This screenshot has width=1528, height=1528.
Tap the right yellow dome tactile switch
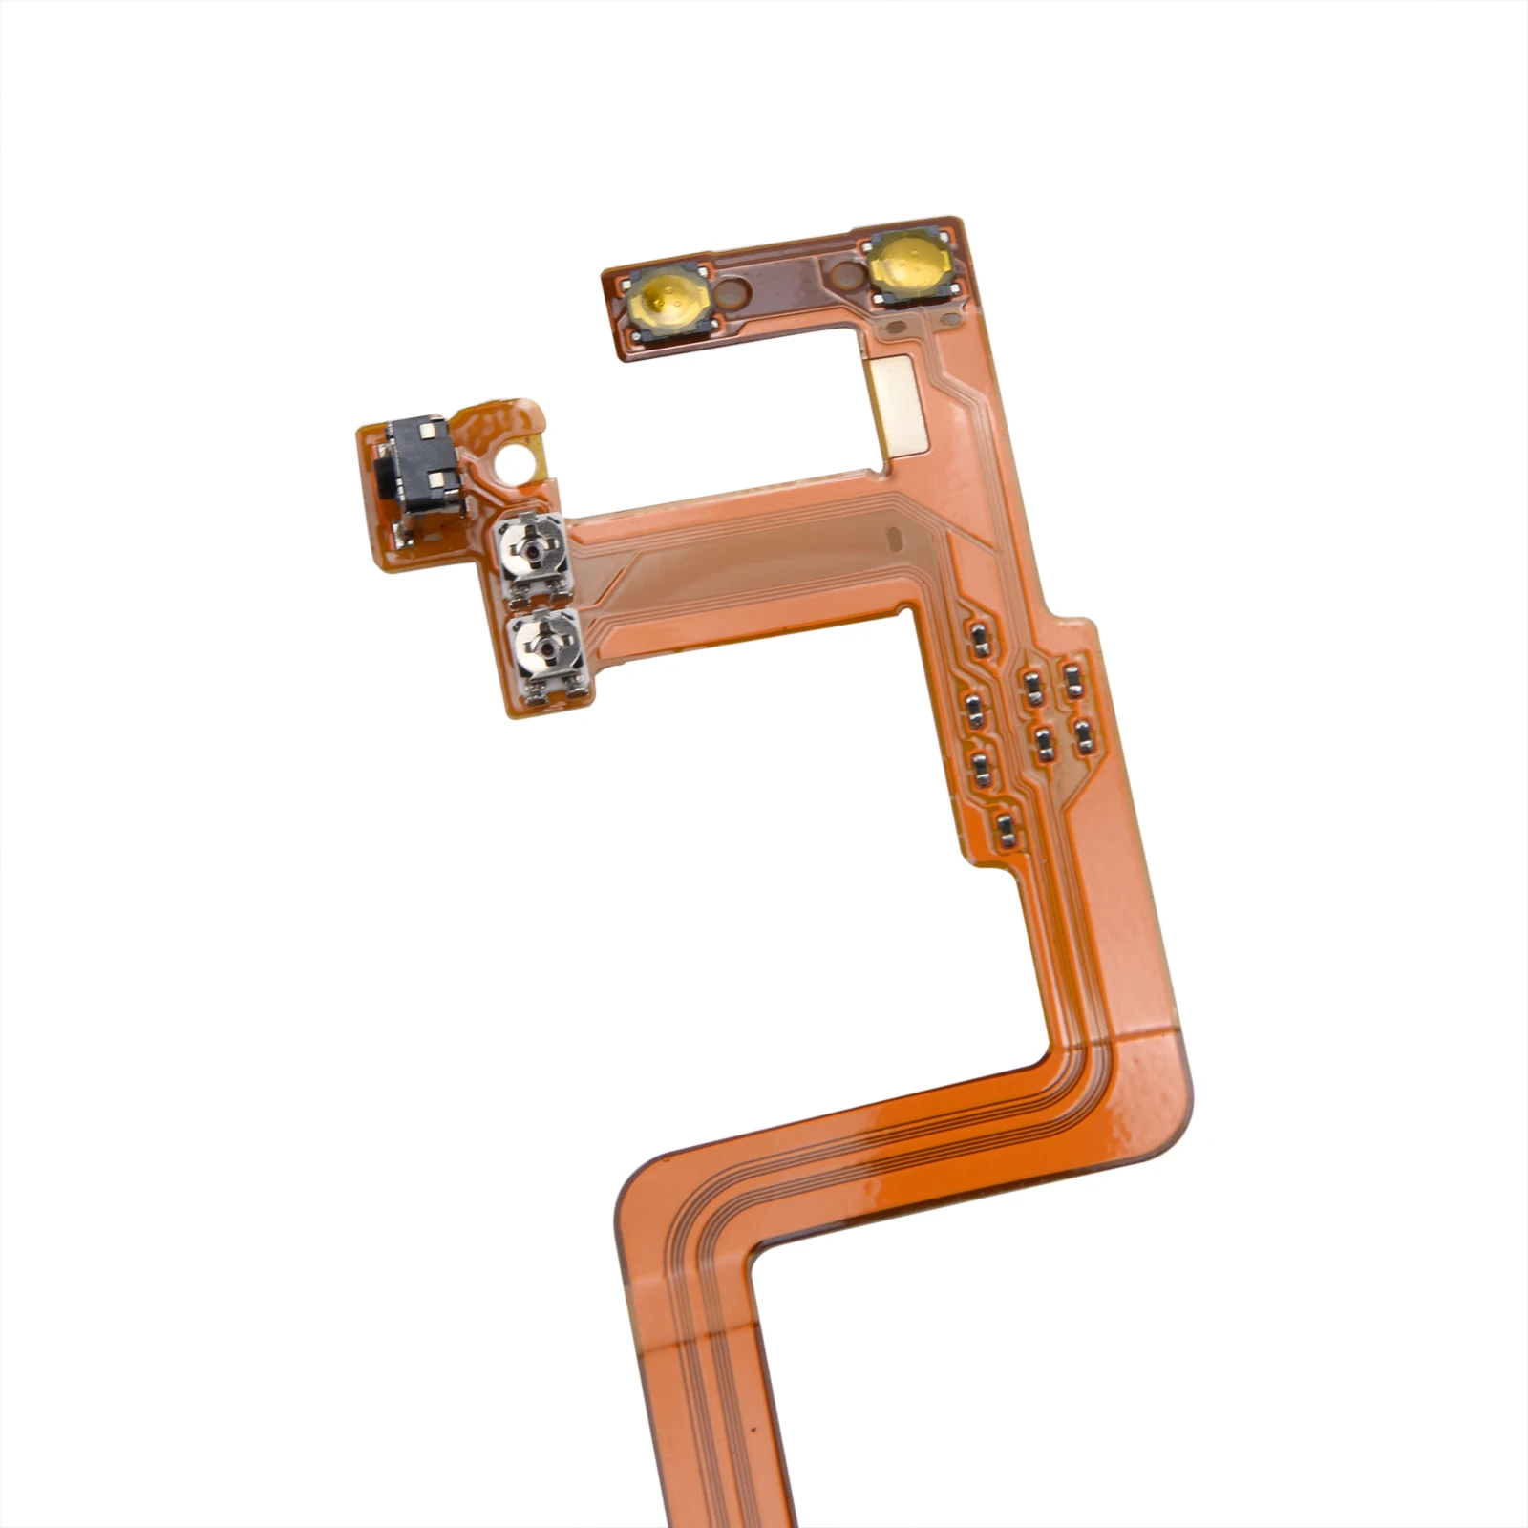pos(908,265)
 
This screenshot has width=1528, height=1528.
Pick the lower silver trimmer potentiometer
pos(543,653)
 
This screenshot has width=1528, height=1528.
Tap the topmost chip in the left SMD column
pos(978,639)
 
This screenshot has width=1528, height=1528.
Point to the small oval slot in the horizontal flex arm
pos(894,539)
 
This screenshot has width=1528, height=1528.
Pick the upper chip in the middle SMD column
pos(1031,685)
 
